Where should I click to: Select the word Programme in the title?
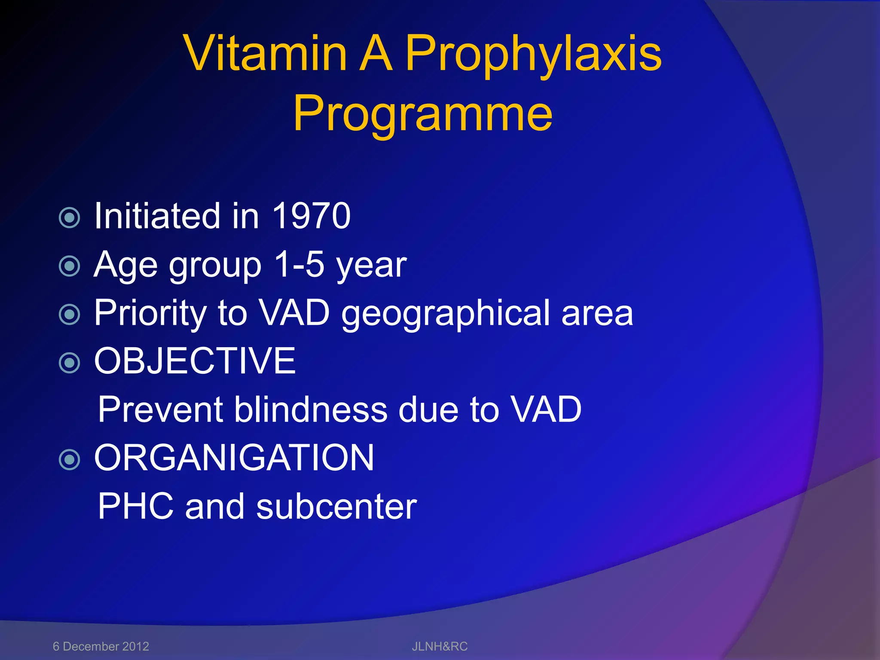coord(423,113)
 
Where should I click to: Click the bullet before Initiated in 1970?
coord(69,217)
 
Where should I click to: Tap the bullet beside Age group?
coord(69,266)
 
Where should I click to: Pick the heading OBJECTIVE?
coord(195,361)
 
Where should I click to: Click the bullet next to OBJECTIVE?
coord(69,363)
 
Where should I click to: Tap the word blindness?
coord(311,409)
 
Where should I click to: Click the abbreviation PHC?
coord(135,506)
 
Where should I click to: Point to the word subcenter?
coord(336,506)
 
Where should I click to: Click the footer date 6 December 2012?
coord(101,646)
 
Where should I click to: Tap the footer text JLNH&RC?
coord(440,646)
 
